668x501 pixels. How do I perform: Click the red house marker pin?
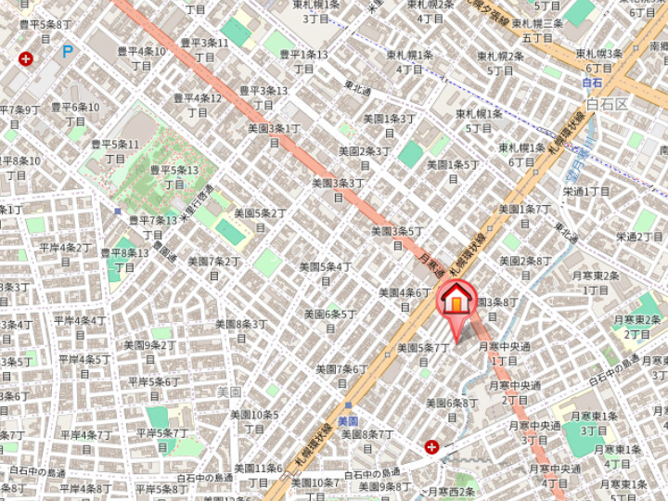pyautogui.click(x=456, y=301)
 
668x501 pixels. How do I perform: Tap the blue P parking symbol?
pyautogui.click(x=68, y=52)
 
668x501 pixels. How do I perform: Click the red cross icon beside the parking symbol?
pyautogui.click(x=25, y=58)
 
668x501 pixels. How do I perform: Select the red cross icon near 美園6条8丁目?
pyautogui.click(x=431, y=447)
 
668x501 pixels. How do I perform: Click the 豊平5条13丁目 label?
pyautogui.click(x=173, y=176)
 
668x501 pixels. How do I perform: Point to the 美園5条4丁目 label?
pyautogui.click(x=325, y=273)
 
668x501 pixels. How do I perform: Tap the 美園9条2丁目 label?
pyautogui.click(x=148, y=352)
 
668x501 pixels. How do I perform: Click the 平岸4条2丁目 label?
pyautogui.click(x=65, y=254)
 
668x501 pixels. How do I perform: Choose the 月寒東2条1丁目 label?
pyautogui.click(x=596, y=282)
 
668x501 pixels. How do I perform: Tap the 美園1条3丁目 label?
pyautogui.click(x=390, y=125)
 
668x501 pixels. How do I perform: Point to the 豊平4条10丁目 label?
pyautogui.click(x=141, y=58)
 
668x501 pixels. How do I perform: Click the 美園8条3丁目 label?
pyautogui.click(x=241, y=330)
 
